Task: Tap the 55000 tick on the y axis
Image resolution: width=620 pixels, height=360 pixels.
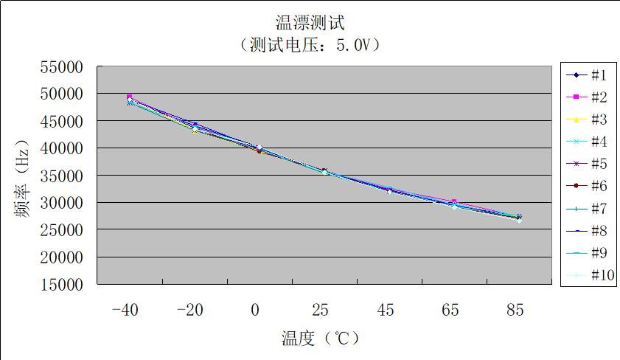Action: click(62, 67)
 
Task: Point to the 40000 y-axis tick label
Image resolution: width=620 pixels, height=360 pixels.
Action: click(62, 148)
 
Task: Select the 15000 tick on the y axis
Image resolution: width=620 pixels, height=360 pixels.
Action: click(62, 284)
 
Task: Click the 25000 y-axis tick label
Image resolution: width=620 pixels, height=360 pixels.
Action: click(62, 229)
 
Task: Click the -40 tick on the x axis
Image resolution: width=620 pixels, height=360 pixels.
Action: click(125, 311)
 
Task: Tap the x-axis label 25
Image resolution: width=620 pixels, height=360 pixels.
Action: click(320, 311)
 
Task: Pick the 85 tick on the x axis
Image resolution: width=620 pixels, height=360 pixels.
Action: click(515, 311)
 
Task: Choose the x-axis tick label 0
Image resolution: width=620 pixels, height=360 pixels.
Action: click(255, 311)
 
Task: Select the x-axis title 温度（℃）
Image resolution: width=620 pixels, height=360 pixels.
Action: click(320, 339)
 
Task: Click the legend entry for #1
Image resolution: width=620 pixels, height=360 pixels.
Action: click(588, 75)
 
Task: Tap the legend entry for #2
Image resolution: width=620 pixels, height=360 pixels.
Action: click(588, 97)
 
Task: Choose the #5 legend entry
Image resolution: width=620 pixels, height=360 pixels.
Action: click(588, 164)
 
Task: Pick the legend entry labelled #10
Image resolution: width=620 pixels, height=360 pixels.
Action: click(588, 276)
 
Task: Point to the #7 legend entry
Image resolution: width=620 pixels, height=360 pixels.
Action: click(588, 209)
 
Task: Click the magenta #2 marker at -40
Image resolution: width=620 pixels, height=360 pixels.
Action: click(130, 97)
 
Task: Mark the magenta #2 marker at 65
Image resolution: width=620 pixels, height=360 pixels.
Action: click(454, 201)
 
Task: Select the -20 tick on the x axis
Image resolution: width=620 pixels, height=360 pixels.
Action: click(189, 311)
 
